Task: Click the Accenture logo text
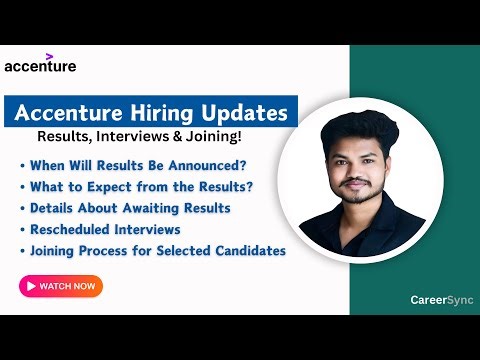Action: [40, 67]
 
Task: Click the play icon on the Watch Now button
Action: [31, 286]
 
